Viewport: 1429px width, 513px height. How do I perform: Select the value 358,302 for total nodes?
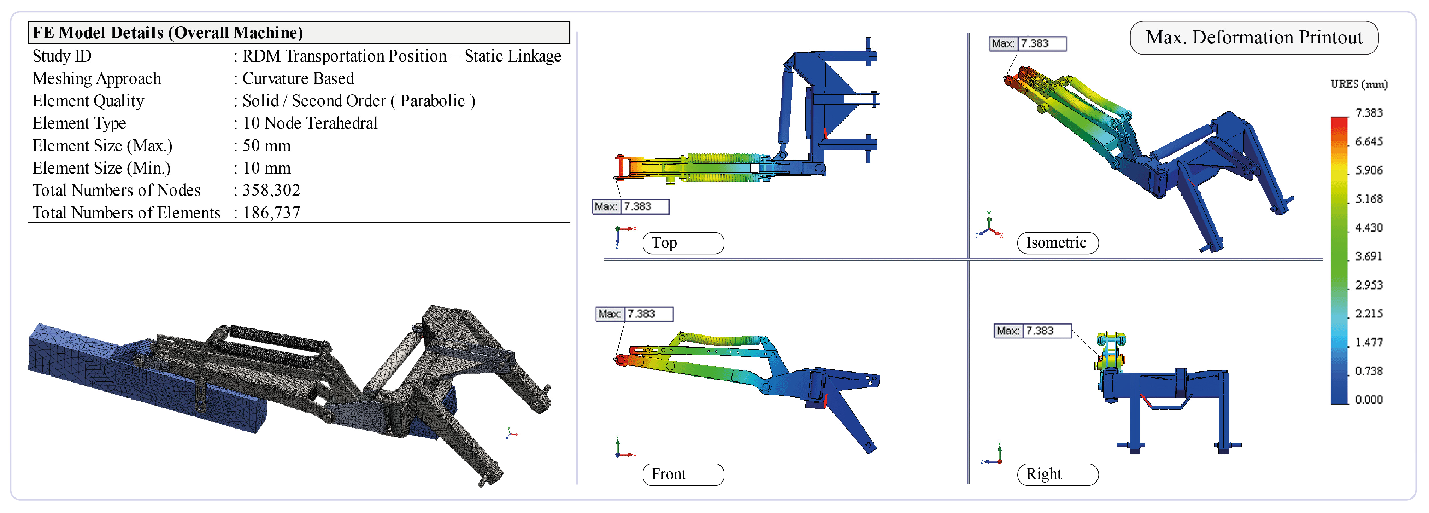coord(271,191)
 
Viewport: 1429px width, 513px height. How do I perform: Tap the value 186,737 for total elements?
coord(271,212)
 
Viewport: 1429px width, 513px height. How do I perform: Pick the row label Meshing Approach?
coord(96,79)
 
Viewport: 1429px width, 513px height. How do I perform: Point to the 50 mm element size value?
coord(266,145)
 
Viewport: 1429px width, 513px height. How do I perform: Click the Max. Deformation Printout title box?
coord(1254,38)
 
